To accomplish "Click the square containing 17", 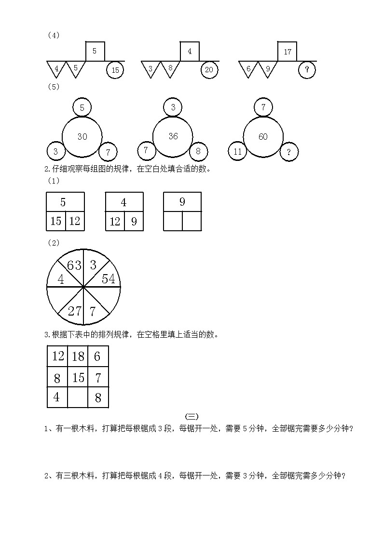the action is coord(287,52).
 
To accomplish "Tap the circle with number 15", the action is coord(115,70).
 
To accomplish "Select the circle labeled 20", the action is coord(209,70).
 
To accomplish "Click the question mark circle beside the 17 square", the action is coord(307,70).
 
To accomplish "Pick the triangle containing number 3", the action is coord(150,68).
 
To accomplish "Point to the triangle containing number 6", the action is coord(248,68).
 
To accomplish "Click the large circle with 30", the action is coord(82,137).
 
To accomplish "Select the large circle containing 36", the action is coord(173,137).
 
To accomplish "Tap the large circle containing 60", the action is coord(263,137).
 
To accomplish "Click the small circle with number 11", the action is coord(237,151).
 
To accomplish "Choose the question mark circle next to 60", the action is coord(289,152).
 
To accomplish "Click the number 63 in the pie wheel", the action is coord(74,265).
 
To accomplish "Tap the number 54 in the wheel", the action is coord(108,279).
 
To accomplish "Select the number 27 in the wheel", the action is coord(74,311).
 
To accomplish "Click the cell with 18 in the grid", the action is coord(78,356).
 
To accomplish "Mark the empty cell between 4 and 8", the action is coord(78,398).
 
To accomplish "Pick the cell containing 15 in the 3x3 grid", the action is coord(78,378).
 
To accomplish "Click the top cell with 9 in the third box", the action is coord(182,202).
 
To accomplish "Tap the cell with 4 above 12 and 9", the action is coord(124,202).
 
